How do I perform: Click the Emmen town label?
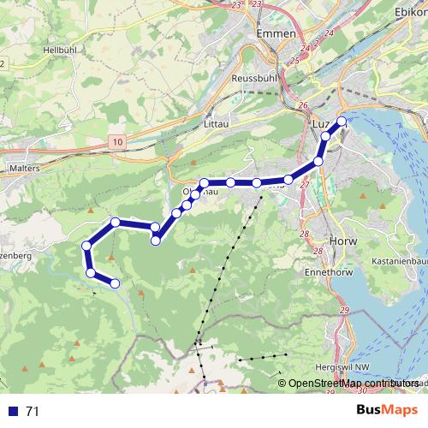click(x=276, y=33)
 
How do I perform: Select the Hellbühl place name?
click(x=61, y=51)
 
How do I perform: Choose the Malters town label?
click(x=24, y=169)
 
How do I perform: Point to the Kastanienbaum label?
click(x=399, y=260)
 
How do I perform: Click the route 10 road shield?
click(x=117, y=140)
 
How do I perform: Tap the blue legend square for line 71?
click(x=12, y=411)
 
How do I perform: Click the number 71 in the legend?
click(x=33, y=411)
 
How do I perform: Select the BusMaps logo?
click(x=387, y=410)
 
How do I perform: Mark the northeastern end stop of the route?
click(x=342, y=121)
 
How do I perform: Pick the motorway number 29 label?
click(x=344, y=310)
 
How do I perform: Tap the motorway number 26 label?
click(x=302, y=105)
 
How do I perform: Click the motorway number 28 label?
click(x=304, y=234)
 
